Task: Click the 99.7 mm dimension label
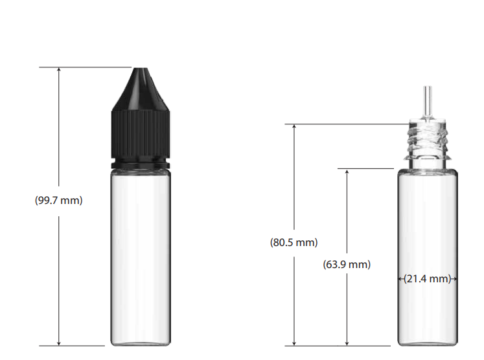tap(59, 200)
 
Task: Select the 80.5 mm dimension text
tap(294, 242)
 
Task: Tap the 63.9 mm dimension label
tap(347, 264)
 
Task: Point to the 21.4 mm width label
tap(428, 278)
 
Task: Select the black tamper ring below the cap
tap(141, 164)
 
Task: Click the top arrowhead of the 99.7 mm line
tap(59, 69)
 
